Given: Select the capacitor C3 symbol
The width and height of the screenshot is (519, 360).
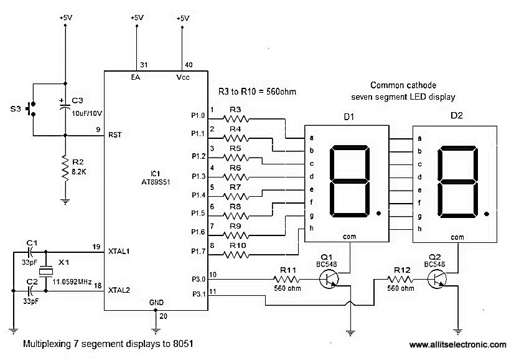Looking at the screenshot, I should pos(65,107).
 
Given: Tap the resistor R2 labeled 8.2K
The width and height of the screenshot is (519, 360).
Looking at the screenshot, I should pos(65,167).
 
